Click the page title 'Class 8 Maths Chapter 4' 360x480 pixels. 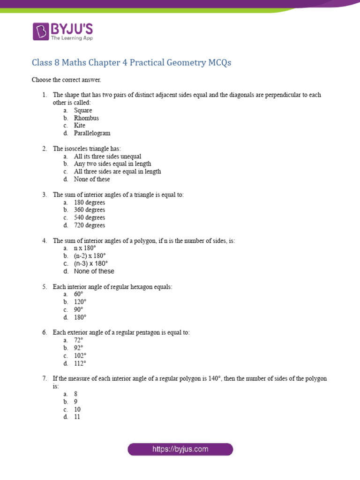(x=131, y=62)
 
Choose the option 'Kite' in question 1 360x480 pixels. (x=80, y=126)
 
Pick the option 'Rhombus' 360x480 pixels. (x=86, y=118)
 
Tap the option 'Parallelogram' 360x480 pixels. (x=92, y=133)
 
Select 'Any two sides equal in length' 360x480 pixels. (x=112, y=164)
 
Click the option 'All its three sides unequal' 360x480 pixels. (x=107, y=157)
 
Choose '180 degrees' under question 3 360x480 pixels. (x=90, y=202)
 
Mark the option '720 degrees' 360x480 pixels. (x=90, y=225)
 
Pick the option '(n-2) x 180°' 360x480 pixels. (x=90, y=256)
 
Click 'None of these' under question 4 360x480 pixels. (x=94, y=271)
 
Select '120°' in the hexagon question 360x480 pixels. (x=80, y=302)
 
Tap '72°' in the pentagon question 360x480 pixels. (x=78, y=340)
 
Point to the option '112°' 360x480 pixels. (x=80, y=363)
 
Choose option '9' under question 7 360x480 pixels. (x=75, y=402)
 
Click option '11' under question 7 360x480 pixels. (x=77, y=417)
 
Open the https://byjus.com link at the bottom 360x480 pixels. (x=180, y=449)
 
